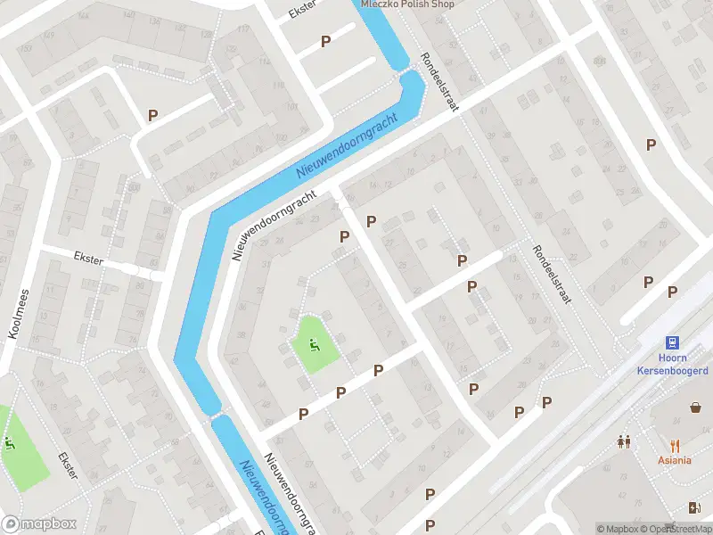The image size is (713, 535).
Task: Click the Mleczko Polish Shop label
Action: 407,4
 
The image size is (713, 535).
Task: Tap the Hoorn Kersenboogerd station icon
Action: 673,342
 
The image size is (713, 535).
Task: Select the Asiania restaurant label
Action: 675,460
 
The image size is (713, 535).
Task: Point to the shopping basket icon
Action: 695,407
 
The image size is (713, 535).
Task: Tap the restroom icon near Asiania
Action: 624,441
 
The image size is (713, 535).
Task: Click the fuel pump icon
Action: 695,508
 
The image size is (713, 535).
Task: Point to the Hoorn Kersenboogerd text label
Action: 673,364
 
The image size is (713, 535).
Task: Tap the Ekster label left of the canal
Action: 89,259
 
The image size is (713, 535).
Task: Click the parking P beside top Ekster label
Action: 325,41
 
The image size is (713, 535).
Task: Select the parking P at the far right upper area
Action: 651,144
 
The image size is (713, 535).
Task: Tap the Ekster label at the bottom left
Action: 68,465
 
